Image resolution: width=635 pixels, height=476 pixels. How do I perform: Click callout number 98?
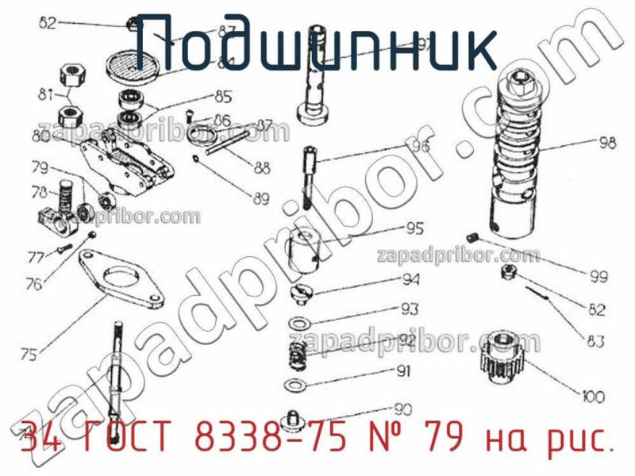(x=607, y=144)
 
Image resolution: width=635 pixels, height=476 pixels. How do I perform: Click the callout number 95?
(x=414, y=228)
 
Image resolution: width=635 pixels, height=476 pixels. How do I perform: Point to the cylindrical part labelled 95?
(x=305, y=248)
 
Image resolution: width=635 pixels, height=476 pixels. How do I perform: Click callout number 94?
(x=410, y=279)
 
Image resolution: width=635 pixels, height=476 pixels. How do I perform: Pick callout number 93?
(x=410, y=309)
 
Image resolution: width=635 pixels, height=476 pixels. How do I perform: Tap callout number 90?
(x=403, y=409)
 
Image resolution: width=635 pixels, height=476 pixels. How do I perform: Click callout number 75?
(x=28, y=355)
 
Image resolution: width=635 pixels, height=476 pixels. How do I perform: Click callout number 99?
(x=598, y=277)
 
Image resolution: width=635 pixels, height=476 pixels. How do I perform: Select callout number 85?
(x=223, y=98)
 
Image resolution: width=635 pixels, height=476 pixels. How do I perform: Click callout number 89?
(x=261, y=198)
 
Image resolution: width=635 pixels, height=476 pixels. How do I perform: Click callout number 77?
(x=36, y=256)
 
